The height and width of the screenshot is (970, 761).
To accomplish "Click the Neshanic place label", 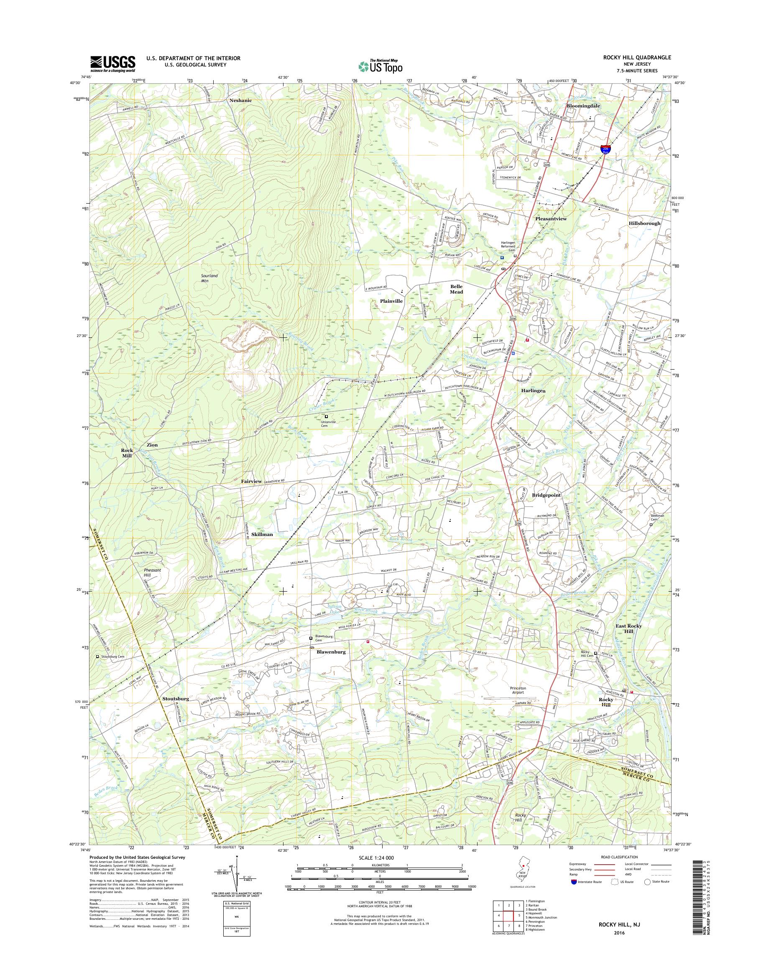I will click(x=240, y=101).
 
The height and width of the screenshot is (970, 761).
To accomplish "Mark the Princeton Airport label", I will click(x=518, y=691).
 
